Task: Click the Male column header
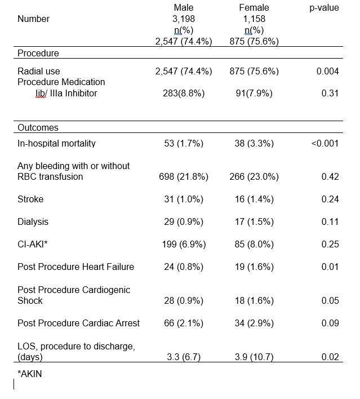(x=183, y=8)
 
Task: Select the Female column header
(x=254, y=8)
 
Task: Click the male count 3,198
(x=183, y=19)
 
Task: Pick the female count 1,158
(x=254, y=19)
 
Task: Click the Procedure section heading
(x=38, y=54)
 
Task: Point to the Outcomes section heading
(x=38, y=128)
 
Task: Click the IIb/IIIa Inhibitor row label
(x=66, y=93)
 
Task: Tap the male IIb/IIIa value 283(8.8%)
(x=184, y=93)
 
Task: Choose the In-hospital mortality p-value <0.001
(x=325, y=143)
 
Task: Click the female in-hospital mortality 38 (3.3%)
(x=254, y=143)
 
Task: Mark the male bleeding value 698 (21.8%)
(x=184, y=177)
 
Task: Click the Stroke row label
(x=30, y=200)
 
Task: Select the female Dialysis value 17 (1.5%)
(x=254, y=222)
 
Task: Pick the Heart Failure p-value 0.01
(x=330, y=267)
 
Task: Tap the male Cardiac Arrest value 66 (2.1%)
(x=184, y=323)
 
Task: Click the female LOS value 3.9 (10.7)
(x=254, y=357)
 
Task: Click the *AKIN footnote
(x=30, y=373)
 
